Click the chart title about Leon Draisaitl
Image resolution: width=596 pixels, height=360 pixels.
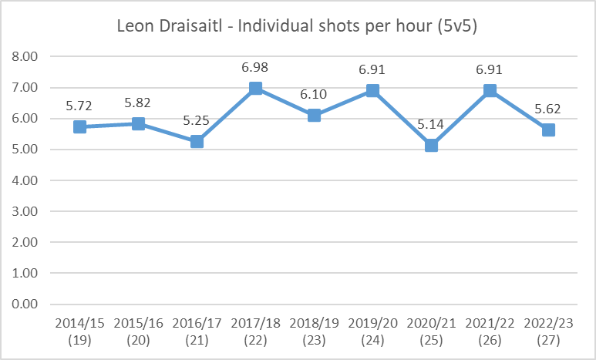tap(297, 26)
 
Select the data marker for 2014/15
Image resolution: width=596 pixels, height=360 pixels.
tap(79, 126)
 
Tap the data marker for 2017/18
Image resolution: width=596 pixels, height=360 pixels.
tap(255, 88)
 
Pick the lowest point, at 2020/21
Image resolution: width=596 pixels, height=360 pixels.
tap(431, 145)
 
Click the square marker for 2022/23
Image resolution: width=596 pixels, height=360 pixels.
tap(548, 130)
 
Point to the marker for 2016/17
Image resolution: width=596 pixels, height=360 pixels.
tap(197, 141)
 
